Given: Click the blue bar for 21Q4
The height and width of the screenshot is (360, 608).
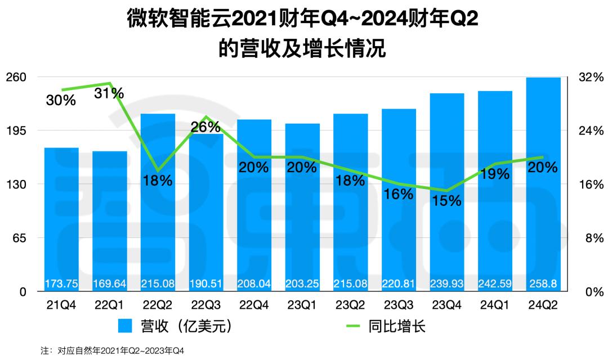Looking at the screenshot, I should pos(61,219).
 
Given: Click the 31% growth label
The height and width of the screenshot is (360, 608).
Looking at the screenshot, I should pos(109,93).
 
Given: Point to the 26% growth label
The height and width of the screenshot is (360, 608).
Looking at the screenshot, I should pos(206,127).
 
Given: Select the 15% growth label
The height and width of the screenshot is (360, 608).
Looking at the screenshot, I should pos(447,200).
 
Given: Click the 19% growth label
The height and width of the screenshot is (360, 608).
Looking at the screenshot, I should pos(495,174).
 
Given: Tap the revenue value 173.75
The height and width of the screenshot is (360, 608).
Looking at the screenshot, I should pos(61,283).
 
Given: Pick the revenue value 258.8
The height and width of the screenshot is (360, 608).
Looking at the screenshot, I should pos(543,283).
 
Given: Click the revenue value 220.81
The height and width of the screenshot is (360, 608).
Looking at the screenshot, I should pos(399,283).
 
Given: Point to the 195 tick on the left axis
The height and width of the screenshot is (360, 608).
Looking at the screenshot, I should pos(17,130).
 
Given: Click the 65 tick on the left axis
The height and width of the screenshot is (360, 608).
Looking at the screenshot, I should pos(21,238).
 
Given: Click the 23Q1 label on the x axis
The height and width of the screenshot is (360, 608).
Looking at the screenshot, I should pos(302,305).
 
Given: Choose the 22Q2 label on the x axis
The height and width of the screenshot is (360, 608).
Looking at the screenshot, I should pos(158,305).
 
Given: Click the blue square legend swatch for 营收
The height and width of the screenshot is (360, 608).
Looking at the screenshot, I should pos(126,326).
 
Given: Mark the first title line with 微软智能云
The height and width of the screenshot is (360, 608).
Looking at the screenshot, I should pos(304,21).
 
